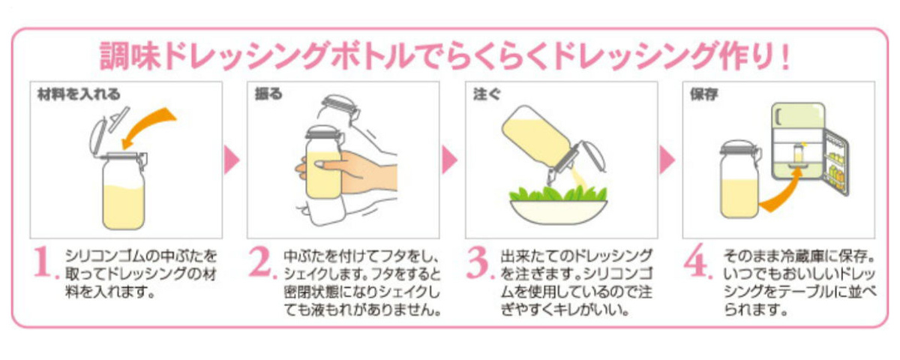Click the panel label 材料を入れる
79,94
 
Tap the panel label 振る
268,94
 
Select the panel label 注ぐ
487,94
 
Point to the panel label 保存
704,94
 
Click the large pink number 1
46,262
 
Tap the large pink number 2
262,262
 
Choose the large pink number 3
480,262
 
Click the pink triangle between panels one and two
232,160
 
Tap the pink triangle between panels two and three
449,160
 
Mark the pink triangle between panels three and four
667,160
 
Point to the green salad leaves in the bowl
559,193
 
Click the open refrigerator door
836,163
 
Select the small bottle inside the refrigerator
798,154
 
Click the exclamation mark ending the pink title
785,56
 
